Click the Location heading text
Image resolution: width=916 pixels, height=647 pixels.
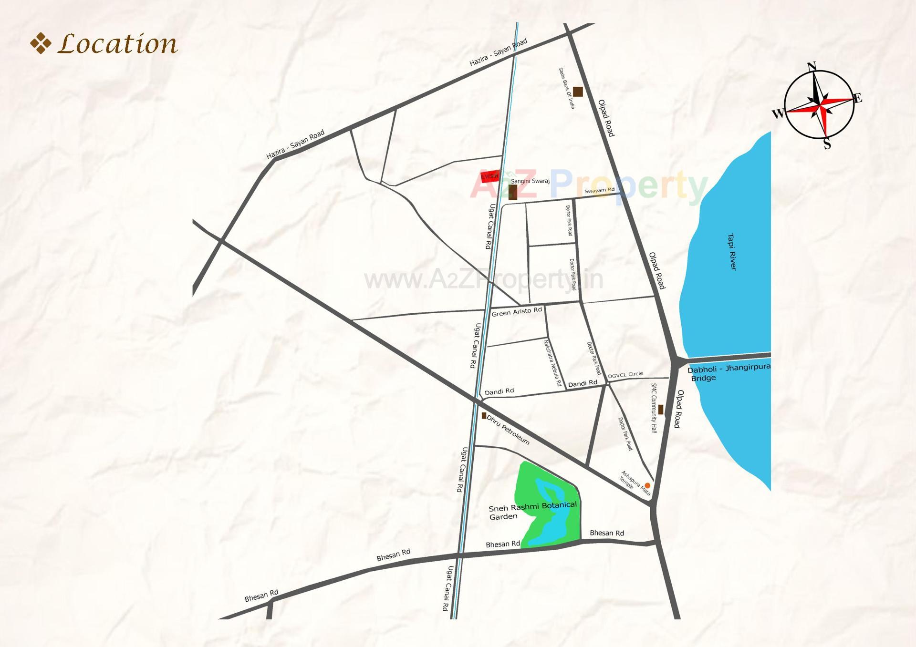[x=117, y=44]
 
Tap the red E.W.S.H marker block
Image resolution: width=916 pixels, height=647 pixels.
[x=490, y=176]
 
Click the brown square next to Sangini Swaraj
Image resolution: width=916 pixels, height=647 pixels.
[x=513, y=192]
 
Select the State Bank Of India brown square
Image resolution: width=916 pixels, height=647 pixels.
[x=578, y=92]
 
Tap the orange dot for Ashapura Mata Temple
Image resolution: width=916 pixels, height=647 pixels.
[x=647, y=485]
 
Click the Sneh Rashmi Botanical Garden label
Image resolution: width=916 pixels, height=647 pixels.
[x=532, y=511]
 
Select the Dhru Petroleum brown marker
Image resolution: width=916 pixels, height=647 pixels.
[x=484, y=416]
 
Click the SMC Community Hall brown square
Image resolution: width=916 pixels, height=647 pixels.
[x=661, y=409]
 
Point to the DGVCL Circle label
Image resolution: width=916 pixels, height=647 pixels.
[x=625, y=375]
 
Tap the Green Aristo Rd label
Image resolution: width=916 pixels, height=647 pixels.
[x=517, y=312]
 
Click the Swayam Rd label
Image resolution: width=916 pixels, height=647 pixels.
[x=599, y=190]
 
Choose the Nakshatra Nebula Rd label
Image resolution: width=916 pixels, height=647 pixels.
[x=552, y=362]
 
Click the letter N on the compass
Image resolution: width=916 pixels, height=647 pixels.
[x=812, y=66]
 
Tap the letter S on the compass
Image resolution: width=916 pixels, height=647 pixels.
[x=827, y=144]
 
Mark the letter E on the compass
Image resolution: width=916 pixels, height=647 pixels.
[x=858, y=99]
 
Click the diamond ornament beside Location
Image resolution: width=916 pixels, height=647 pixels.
[x=41, y=43]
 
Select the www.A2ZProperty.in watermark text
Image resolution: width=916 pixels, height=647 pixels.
[x=483, y=280]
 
